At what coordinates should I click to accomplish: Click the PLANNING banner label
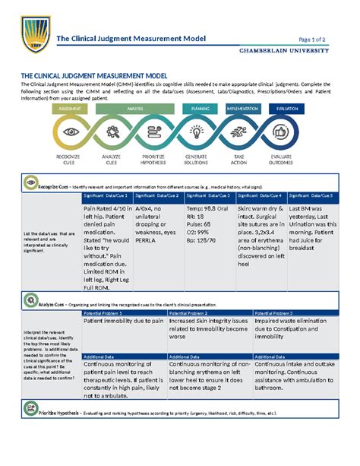(201, 109)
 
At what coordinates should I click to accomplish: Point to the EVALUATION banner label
(288, 109)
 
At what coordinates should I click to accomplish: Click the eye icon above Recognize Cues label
(72, 132)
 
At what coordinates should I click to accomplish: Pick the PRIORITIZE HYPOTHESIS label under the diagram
(155, 162)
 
